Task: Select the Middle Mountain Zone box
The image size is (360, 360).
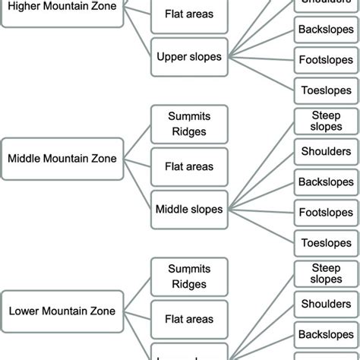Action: pos(62,159)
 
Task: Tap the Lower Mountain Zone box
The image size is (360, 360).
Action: pos(62,311)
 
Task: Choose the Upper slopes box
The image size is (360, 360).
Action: pos(189,55)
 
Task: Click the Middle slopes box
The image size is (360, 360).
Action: pos(189,207)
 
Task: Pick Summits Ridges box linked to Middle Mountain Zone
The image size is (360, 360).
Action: pos(189,125)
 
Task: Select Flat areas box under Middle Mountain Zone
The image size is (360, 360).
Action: pos(189,166)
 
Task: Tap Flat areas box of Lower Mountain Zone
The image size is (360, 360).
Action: pos(189,319)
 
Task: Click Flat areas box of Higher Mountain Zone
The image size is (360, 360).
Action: pos(189,14)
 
